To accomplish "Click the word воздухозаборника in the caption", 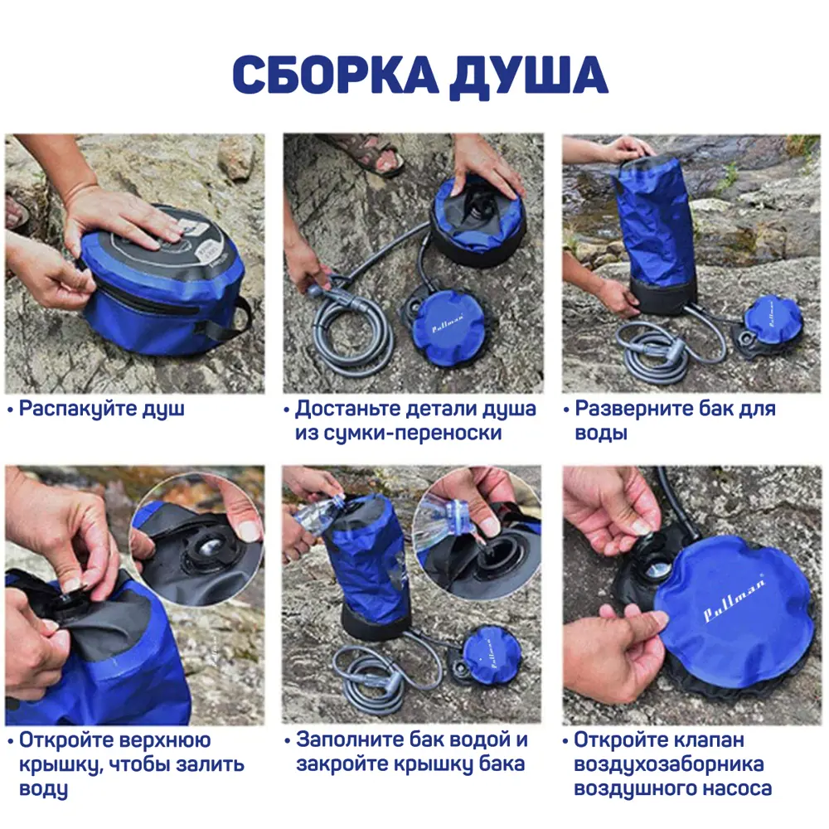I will click(x=668, y=764).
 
